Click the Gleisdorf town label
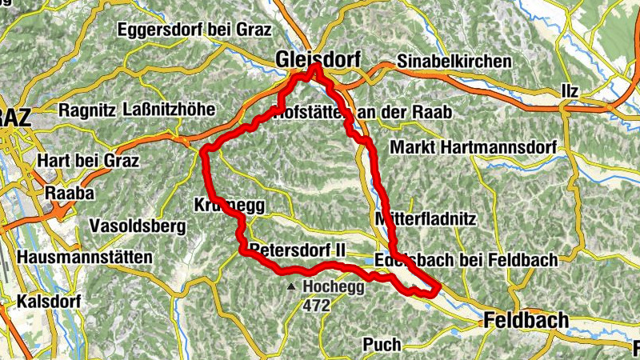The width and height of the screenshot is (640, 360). [x=318, y=59]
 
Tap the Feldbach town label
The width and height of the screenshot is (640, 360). [x=526, y=321]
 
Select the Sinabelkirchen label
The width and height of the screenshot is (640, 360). [x=454, y=62]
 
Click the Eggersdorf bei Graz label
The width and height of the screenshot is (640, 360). [x=195, y=30]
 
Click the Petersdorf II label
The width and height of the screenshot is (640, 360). [x=297, y=250]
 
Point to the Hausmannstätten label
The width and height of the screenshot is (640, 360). [x=84, y=258]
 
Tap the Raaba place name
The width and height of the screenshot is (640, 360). [x=70, y=193]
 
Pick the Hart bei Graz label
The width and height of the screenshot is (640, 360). [x=88, y=161]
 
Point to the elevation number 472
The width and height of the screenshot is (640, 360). [x=316, y=304]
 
